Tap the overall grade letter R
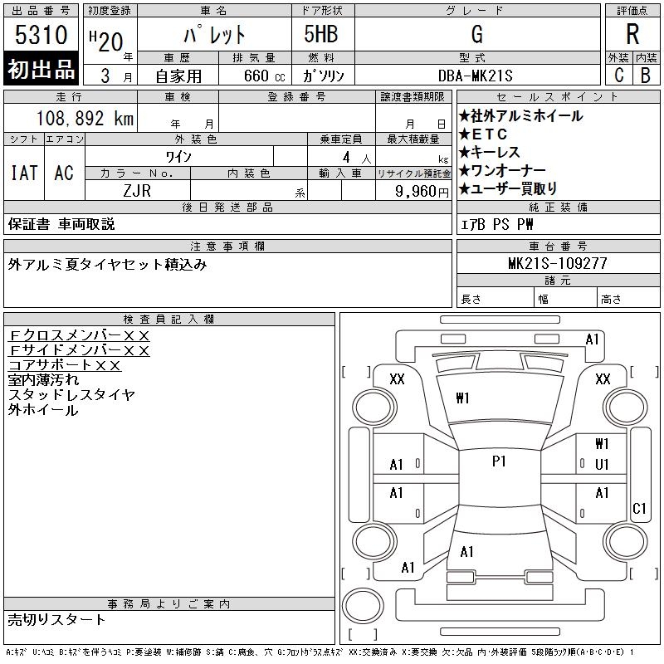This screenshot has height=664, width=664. (632, 34)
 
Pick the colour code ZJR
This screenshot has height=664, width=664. (137, 190)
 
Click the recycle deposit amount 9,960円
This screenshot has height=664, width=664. (422, 191)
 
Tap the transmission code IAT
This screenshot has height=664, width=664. (24, 173)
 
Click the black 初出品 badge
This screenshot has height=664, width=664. (41, 70)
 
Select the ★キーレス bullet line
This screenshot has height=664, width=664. (489, 152)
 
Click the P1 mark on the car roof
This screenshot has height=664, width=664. (499, 461)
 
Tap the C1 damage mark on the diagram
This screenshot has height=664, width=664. (639, 508)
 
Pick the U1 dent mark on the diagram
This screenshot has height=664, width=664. (603, 464)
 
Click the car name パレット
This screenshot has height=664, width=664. (214, 35)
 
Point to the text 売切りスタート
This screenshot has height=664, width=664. (57, 619)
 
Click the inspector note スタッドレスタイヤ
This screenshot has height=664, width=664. (71, 395)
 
